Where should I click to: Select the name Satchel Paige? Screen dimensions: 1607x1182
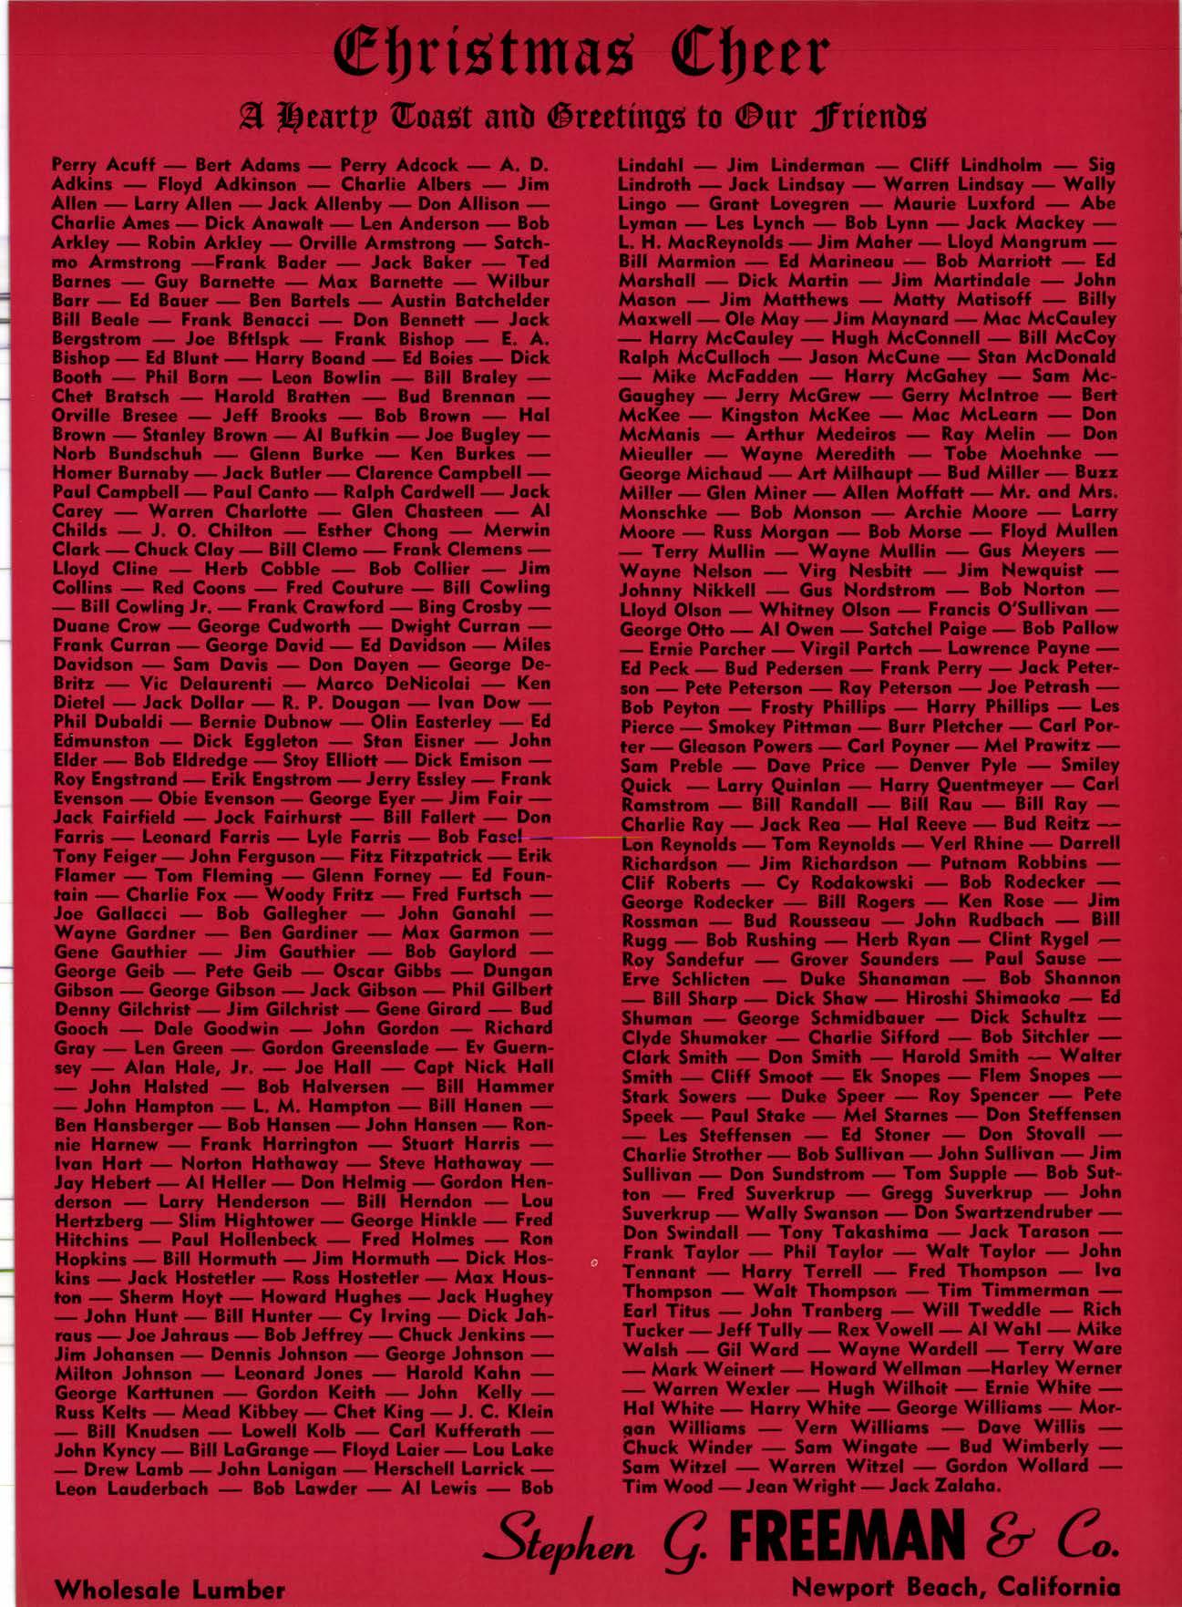920,629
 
